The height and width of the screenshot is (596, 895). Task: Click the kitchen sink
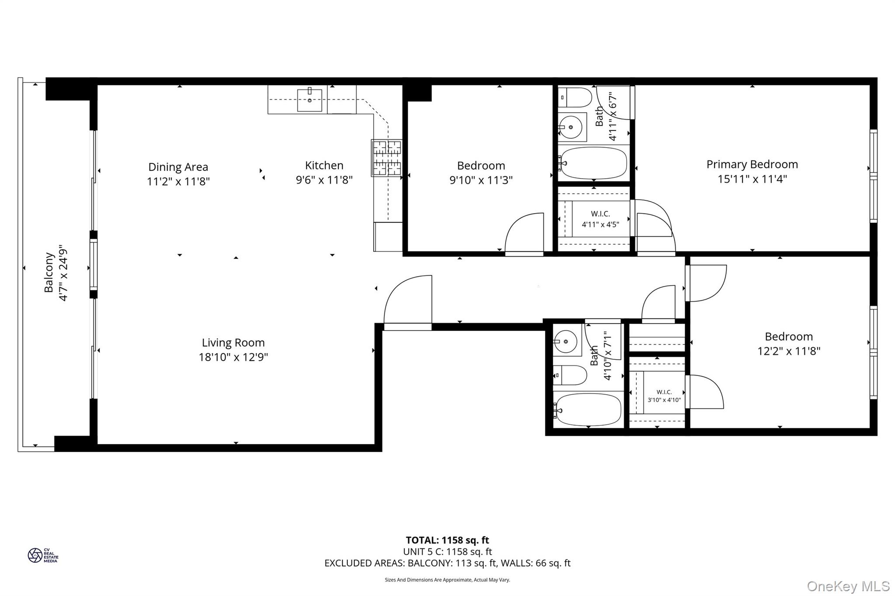[x=309, y=100]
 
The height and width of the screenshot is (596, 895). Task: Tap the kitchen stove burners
[x=386, y=158]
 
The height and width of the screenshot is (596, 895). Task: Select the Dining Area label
[x=178, y=167]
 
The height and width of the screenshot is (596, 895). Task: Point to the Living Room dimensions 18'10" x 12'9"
[x=233, y=357]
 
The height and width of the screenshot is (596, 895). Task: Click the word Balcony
[x=49, y=272]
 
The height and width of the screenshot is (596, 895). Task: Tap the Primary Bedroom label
[x=752, y=165]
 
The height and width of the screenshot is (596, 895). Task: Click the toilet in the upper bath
[x=575, y=97]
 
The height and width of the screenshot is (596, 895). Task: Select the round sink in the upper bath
[x=571, y=127]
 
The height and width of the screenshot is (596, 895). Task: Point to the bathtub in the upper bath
[x=593, y=163]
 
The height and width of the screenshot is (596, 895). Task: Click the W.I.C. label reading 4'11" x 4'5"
[x=600, y=219]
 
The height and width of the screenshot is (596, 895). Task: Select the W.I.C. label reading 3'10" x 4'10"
[x=664, y=396]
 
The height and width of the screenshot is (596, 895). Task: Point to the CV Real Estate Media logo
[x=43, y=555]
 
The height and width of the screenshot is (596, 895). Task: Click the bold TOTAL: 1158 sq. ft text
[x=447, y=541]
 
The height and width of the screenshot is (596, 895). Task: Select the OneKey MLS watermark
[x=848, y=586]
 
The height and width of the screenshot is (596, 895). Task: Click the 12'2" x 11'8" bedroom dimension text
[x=789, y=351]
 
